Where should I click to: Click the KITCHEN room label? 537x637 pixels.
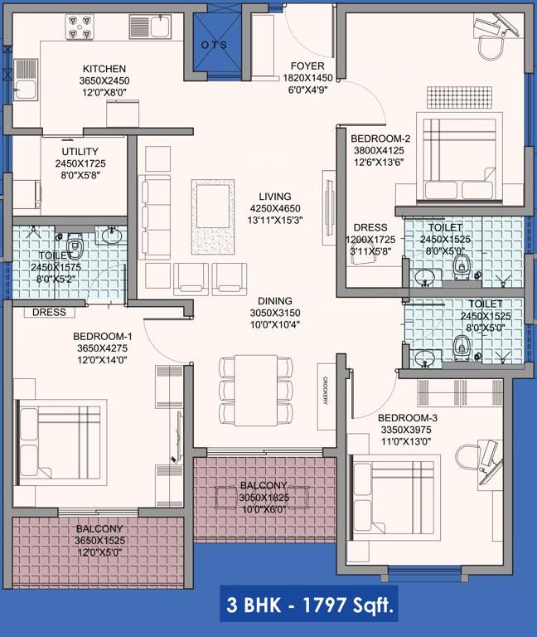[104, 69]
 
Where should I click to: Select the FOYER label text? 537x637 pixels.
[307, 66]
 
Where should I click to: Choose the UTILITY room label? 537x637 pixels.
[80, 152]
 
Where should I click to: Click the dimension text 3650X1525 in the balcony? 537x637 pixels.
[100, 539]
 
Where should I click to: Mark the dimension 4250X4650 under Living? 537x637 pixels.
[276, 208]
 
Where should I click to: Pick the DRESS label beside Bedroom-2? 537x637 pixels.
[370, 227]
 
